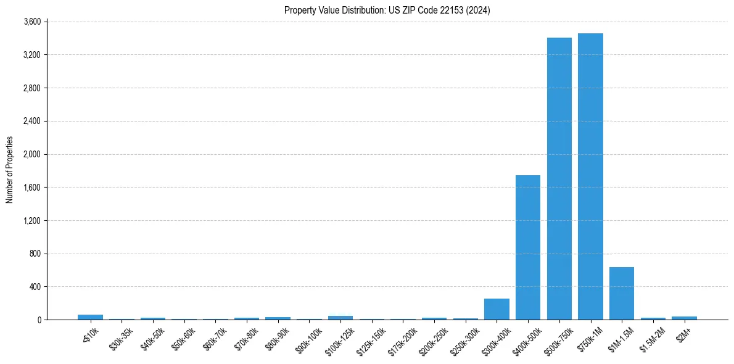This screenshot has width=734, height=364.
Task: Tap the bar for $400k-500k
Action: click(x=528, y=247)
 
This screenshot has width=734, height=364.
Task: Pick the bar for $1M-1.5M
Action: click(x=621, y=294)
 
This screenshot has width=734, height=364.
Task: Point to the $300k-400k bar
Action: click(x=497, y=309)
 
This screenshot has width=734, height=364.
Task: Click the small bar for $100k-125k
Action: click(x=340, y=318)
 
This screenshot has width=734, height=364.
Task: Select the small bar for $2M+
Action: click(x=684, y=318)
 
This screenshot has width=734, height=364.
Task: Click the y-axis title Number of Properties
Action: click(x=9, y=170)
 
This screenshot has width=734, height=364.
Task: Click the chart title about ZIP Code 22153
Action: click(x=387, y=10)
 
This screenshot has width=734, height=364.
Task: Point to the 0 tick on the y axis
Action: click(x=38, y=320)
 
